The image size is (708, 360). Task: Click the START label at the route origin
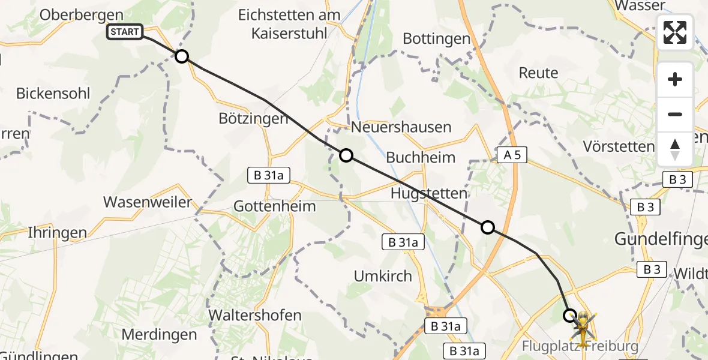[125, 32]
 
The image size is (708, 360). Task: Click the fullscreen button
[675, 32]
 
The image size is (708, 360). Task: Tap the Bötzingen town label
[253, 118]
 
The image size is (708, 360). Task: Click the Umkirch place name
[383, 276]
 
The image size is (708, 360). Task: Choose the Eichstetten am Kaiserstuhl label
[289, 24]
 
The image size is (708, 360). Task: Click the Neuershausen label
[401, 127]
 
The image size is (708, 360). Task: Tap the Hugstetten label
[428, 193]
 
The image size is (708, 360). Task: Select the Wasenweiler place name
[147, 202]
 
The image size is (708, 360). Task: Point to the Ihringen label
[57, 233]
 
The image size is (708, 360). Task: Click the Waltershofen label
[254, 314]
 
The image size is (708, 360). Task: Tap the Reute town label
[538, 73]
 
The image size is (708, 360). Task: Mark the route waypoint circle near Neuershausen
[346, 156]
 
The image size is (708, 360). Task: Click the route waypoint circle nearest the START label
[181, 57]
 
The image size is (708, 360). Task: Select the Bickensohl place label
[53, 94]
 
